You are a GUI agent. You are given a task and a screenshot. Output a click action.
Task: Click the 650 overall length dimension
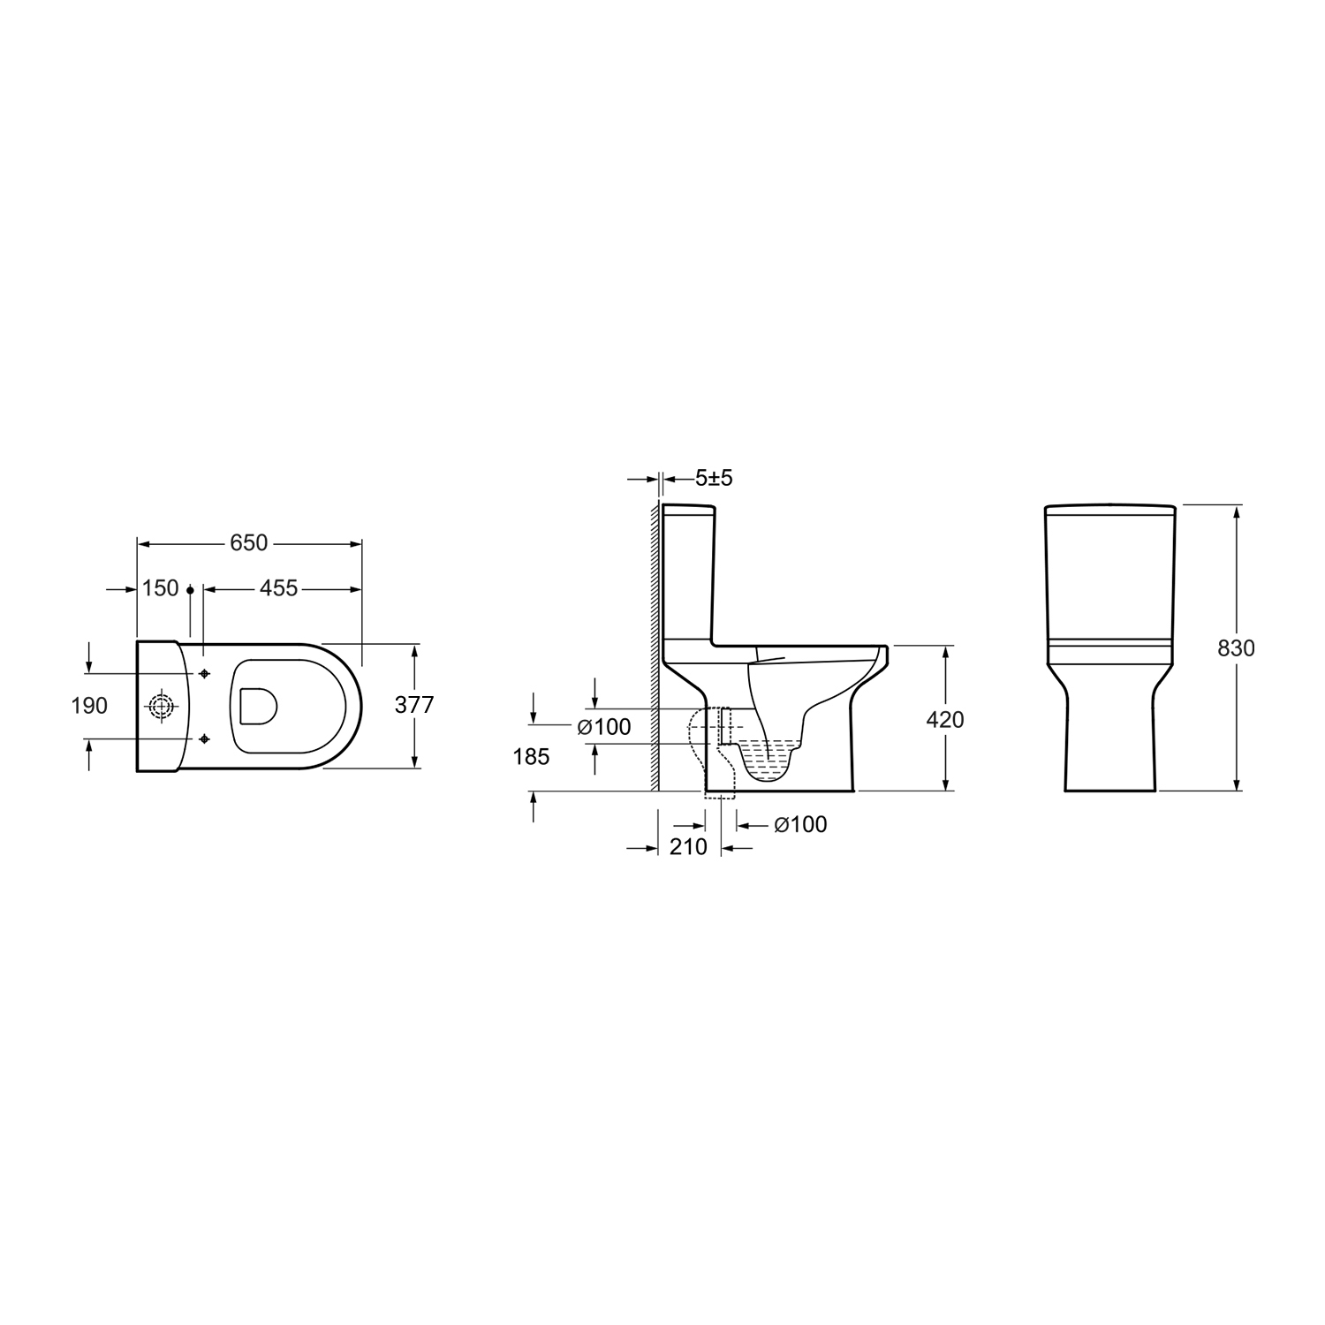tap(248, 542)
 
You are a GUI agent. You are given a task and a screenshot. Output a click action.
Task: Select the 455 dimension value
tap(279, 588)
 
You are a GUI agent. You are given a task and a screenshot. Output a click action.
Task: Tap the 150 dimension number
tap(160, 588)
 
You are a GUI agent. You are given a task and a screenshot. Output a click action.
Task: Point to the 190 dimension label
tap(89, 706)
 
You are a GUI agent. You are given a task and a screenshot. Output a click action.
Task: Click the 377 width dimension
tap(413, 706)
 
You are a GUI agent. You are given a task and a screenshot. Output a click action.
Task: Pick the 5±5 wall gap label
tap(714, 479)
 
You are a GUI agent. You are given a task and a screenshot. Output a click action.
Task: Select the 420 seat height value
tap(945, 720)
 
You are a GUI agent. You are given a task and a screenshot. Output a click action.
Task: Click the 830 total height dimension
tap(1236, 647)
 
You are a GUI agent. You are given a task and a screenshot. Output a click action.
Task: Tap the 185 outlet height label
tap(531, 757)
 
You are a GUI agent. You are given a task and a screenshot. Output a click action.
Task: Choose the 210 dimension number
tap(688, 847)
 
